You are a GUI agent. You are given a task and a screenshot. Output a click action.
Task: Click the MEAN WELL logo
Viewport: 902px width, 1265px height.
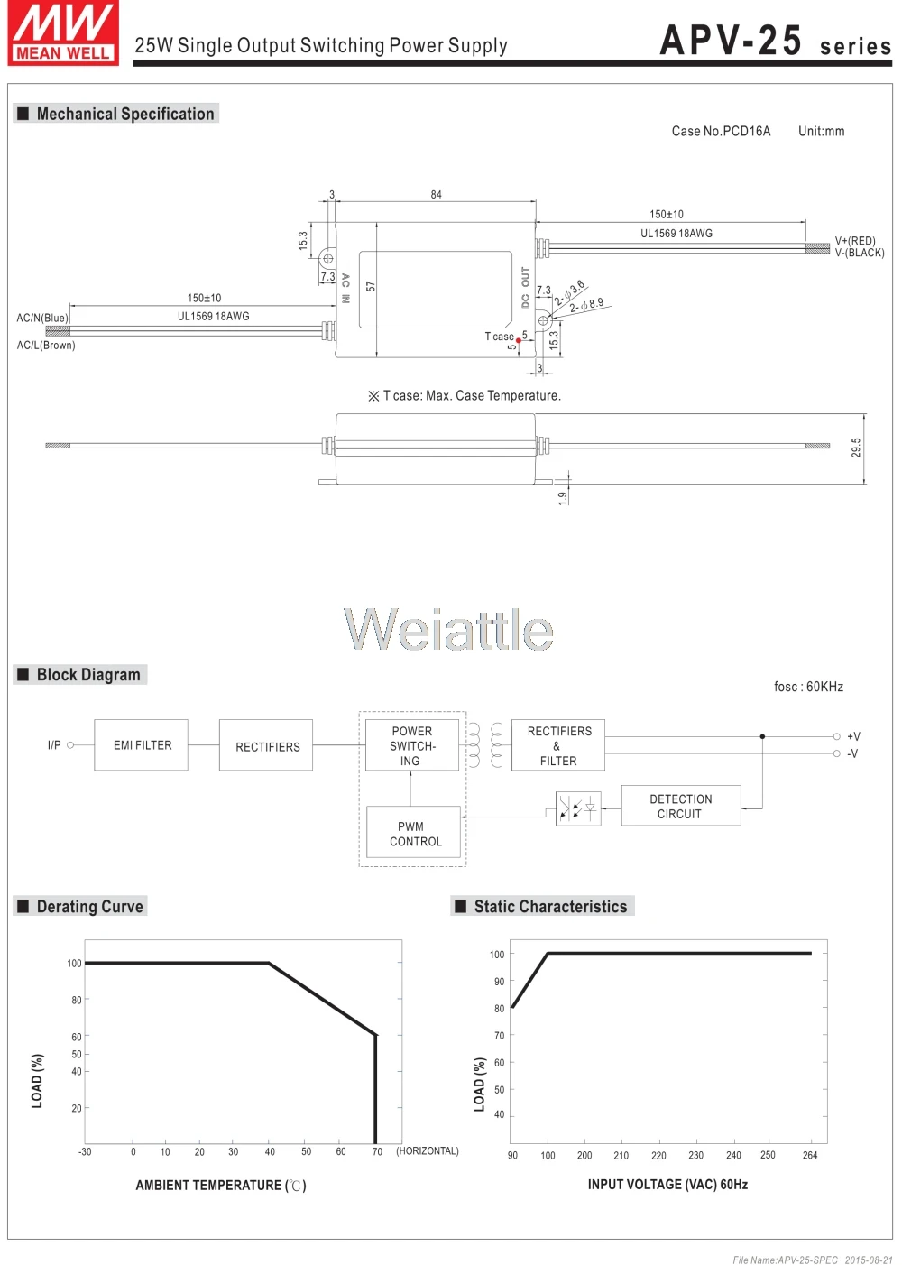tap(63, 33)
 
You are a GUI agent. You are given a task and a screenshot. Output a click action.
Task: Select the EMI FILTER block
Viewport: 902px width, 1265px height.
tap(142, 745)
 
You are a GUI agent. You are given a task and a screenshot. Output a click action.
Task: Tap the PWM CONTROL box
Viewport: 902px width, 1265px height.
tap(414, 834)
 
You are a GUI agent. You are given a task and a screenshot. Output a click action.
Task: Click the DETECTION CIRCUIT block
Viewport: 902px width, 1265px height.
tap(681, 807)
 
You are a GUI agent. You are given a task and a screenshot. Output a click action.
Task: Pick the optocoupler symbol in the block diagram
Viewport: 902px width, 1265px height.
tap(578, 808)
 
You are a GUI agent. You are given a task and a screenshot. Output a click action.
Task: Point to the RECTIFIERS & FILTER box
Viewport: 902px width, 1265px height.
tap(558, 745)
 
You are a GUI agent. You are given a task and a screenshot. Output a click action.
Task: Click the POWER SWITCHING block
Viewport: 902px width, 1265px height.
tap(411, 745)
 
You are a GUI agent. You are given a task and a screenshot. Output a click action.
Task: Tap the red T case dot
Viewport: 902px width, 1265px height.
tap(519, 340)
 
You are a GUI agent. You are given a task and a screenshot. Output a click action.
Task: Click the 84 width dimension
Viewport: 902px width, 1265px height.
tap(437, 195)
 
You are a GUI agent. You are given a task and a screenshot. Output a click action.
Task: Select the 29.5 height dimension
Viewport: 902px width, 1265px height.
tap(856, 448)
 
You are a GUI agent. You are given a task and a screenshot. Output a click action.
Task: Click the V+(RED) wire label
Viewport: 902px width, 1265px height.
tap(855, 241)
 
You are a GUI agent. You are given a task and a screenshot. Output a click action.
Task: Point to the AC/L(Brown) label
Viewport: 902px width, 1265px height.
tap(46, 346)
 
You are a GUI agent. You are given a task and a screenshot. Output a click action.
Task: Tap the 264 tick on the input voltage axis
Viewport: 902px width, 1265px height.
tap(810, 1156)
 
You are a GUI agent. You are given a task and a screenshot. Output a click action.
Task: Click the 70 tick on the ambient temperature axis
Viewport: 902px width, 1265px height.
tap(377, 1152)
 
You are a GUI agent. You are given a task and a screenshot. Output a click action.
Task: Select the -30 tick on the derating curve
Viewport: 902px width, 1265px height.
tap(85, 1152)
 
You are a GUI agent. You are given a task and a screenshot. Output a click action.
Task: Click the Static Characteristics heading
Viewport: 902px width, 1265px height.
tap(550, 907)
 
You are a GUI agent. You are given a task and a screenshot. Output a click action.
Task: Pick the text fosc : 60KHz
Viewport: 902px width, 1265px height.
tap(808, 688)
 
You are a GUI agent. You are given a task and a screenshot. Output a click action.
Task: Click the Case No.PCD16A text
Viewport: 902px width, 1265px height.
tap(721, 132)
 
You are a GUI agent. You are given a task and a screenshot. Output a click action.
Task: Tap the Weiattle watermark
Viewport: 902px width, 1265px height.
tap(448, 629)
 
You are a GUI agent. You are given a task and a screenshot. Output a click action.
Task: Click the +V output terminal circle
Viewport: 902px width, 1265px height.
tap(837, 736)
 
